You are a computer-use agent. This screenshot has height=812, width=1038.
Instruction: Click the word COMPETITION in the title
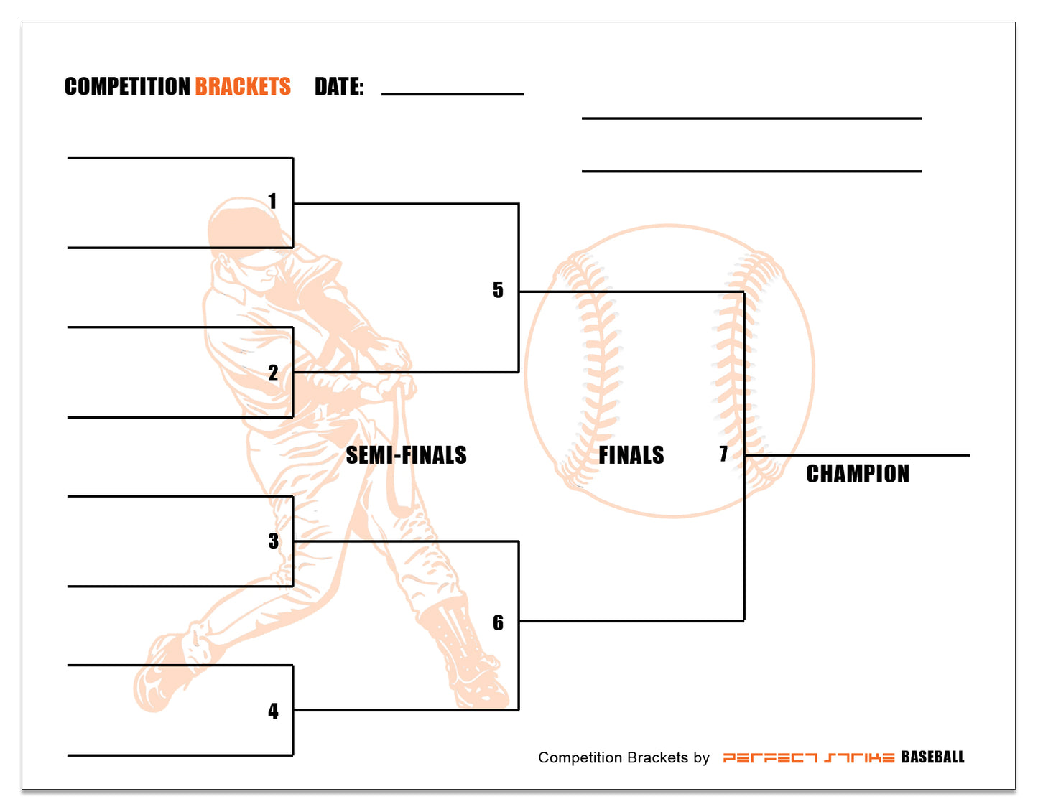click(x=127, y=87)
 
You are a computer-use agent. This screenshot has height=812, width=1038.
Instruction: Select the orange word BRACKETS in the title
click(x=243, y=87)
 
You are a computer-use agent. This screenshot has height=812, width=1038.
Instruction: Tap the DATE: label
click(x=339, y=87)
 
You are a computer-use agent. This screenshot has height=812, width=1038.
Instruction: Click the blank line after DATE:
click(x=453, y=93)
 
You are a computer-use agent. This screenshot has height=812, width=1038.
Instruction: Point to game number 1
click(x=272, y=201)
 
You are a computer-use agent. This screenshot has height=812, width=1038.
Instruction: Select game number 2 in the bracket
click(x=273, y=373)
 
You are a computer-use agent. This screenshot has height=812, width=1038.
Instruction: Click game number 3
click(x=273, y=541)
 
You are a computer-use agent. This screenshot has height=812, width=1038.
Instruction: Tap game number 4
click(x=273, y=711)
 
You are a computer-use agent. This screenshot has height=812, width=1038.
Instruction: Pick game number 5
click(x=498, y=290)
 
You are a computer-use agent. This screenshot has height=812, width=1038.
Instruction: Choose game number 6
click(x=498, y=622)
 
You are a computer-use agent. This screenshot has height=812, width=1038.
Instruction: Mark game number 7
click(x=723, y=454)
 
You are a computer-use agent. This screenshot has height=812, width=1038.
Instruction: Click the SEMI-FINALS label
click(x=406, y=455)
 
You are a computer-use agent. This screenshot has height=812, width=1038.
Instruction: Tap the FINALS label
click(x=631, y=455)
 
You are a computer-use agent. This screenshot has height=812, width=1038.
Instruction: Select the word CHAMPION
click(x=857, y=474)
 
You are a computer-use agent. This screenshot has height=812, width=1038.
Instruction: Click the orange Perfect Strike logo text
click(x=808, y=757)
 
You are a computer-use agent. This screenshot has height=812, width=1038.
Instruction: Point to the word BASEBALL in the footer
click(x=932, y=757)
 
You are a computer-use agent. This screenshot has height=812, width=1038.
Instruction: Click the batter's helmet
click(x=241, y=223)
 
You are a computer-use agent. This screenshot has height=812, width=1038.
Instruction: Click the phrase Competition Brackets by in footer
click(x=624, y=757)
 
